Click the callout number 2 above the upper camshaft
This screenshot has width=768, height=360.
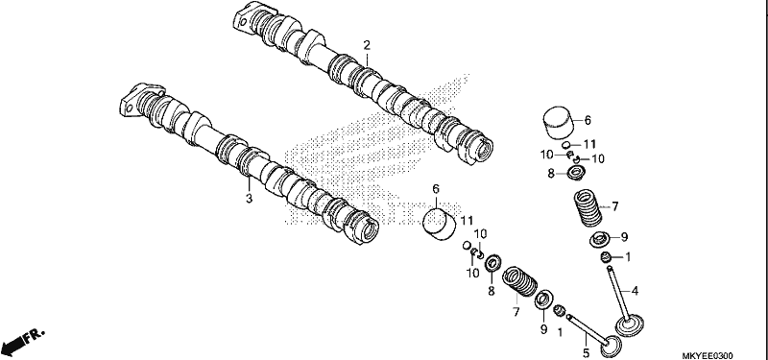click(x=367, y=45)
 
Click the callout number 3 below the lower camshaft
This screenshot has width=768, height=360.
click(x=249, y=199)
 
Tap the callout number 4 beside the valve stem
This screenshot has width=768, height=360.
click(x=635, y=291)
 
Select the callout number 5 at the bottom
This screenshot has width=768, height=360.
click(x=586, y=352)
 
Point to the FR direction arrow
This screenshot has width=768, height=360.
click(x=22, y=341)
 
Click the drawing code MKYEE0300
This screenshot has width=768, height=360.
click(x=708, y=355)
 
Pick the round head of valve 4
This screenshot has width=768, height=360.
click(x=630, y=325)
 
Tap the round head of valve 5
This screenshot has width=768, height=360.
click(x=611, y=347)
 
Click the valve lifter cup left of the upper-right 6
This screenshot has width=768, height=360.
click(x=559, y=123)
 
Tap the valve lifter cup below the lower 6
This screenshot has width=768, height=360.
click(x=439, y=225)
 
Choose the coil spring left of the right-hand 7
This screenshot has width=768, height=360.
click(x=588, y=208)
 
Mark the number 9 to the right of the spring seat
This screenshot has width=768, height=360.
click(x=624, y=237)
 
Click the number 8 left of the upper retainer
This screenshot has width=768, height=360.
click(x=550, y=174)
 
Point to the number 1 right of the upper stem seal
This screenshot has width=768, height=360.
click(x=629, y=256)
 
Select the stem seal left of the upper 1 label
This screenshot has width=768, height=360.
click(x=607, y=256)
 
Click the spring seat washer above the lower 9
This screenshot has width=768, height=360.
click(x=543, y=300)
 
